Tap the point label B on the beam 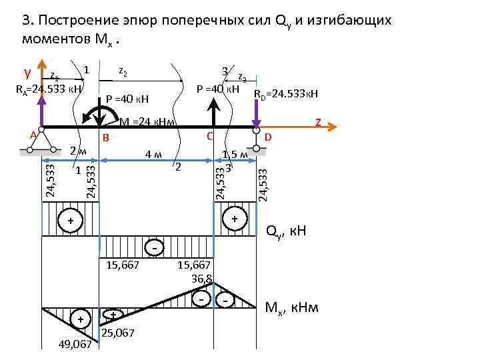point(105,137)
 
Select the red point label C point(209,136)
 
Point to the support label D point(268,137)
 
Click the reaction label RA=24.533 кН point(49,89)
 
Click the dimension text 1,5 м point(235,155)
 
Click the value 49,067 point(73,344)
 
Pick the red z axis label point(318,122)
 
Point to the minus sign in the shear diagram point(155,248)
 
